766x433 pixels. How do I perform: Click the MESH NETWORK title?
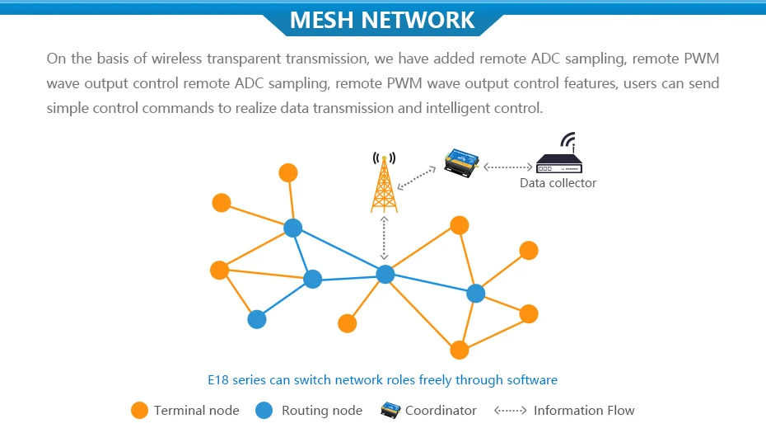point(383,20)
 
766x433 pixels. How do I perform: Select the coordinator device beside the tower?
point(460,161)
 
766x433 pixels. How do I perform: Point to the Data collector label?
point(558,183)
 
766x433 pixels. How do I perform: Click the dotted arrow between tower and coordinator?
point(416,173)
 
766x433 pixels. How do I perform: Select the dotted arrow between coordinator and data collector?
point(507,166)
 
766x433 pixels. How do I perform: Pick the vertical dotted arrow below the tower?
point(384,238)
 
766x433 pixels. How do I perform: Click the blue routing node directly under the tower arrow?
point(385,275)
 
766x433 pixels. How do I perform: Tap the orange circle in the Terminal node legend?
point(140,410)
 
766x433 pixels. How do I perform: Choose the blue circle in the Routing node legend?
point(264,410)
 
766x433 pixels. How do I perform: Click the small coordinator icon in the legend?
point(390,409)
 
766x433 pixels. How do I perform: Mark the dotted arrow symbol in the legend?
point(510,410)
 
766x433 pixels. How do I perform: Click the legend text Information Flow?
point(584,410)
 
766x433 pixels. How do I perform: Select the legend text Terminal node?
point(196,410)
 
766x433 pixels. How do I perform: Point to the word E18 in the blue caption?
point(217,380)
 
